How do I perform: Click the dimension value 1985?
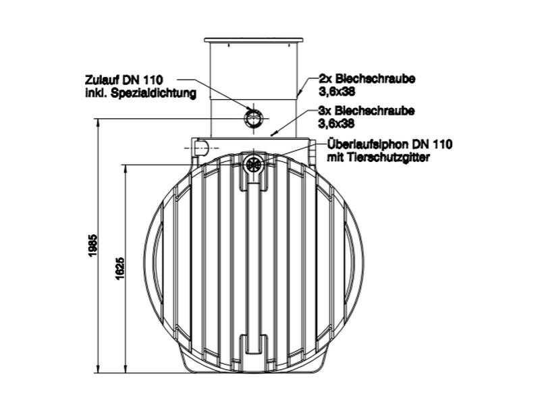click(x=92, y=246)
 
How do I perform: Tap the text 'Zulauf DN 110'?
click(x=121, y=80)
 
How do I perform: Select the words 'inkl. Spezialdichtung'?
click(x=140, y=93)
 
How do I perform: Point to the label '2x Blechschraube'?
click(x=366, y=79)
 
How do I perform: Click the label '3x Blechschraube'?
click(x=366, y=111)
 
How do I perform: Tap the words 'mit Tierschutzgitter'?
click(x=378, y=157)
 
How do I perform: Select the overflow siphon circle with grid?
click(x=254, y=163)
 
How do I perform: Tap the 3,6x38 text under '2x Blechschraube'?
click(x=337, y=92)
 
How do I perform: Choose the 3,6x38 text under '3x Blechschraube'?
click(x=337, y=124)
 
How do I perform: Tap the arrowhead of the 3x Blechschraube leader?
click(x=273, y=134)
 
